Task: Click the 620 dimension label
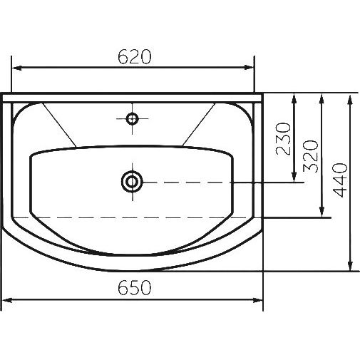coord(135,57)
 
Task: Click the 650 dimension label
coord(135,287)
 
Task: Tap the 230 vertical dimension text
coord(283,138)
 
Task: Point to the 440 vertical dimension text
coord(340,180)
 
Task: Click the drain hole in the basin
coord(132,182)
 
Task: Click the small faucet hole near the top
coord(132,118)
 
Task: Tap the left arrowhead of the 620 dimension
coord(16,68)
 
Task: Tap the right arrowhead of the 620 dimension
coord(249,68)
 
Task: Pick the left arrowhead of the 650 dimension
coord(6,301)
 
